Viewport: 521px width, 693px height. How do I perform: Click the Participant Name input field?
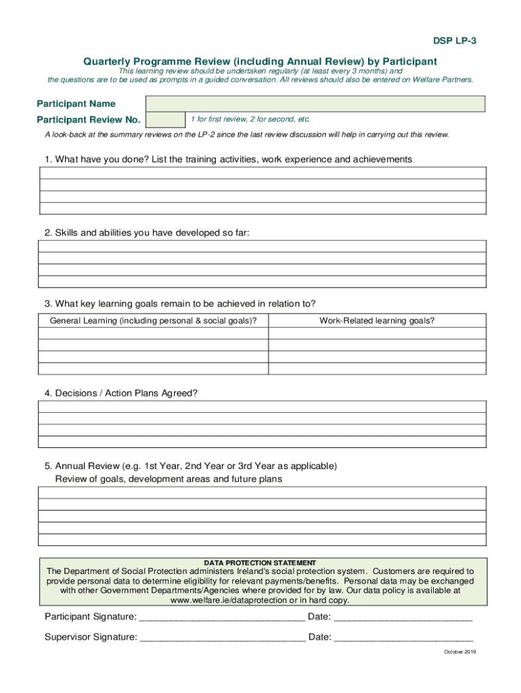coord(315,104)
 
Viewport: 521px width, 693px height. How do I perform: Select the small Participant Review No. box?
coord(166,120)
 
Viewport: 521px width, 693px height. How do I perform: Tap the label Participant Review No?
coord(88,120)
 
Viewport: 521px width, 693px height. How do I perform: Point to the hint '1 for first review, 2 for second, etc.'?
coord(250,119)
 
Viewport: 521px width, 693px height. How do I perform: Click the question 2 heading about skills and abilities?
coord(147,233)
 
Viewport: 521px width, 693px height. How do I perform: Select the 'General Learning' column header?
coord(153,321)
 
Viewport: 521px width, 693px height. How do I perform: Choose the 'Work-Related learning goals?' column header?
coord(377,321)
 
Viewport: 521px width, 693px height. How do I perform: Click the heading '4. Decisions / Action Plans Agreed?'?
coord(121,393)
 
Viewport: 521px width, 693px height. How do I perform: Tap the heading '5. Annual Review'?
coord(190,466)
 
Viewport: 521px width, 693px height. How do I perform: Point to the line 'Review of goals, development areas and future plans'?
coord(168,479)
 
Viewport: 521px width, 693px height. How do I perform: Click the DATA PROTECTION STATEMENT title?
coord(260,562)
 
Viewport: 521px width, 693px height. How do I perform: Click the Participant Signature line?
coord(222,617)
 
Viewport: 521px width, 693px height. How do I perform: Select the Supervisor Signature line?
coord(223,638)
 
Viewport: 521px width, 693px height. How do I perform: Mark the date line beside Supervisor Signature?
coord(403,638)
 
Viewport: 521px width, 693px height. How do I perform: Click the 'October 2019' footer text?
coord(460,652)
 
